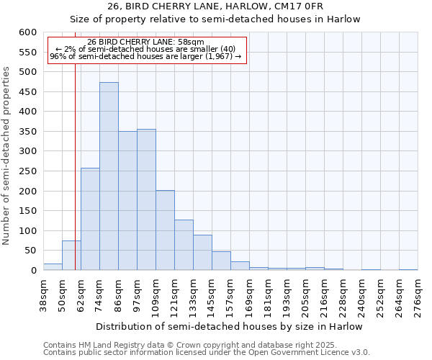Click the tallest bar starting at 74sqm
click(109, 176)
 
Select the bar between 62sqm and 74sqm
click(90, 219)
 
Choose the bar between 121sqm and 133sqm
click(184, 245)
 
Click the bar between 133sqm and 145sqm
click(202, 253)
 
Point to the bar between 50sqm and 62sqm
click(71, 256)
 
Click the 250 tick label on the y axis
click(27, 171)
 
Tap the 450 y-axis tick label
click(27, 92)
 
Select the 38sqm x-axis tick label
click(44, 294)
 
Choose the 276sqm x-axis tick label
click(418, 294)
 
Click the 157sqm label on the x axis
click(230, 296)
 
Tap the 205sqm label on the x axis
click(305, 296)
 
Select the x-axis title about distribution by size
click(229, 326)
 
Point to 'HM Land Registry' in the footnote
click(108, 345)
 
